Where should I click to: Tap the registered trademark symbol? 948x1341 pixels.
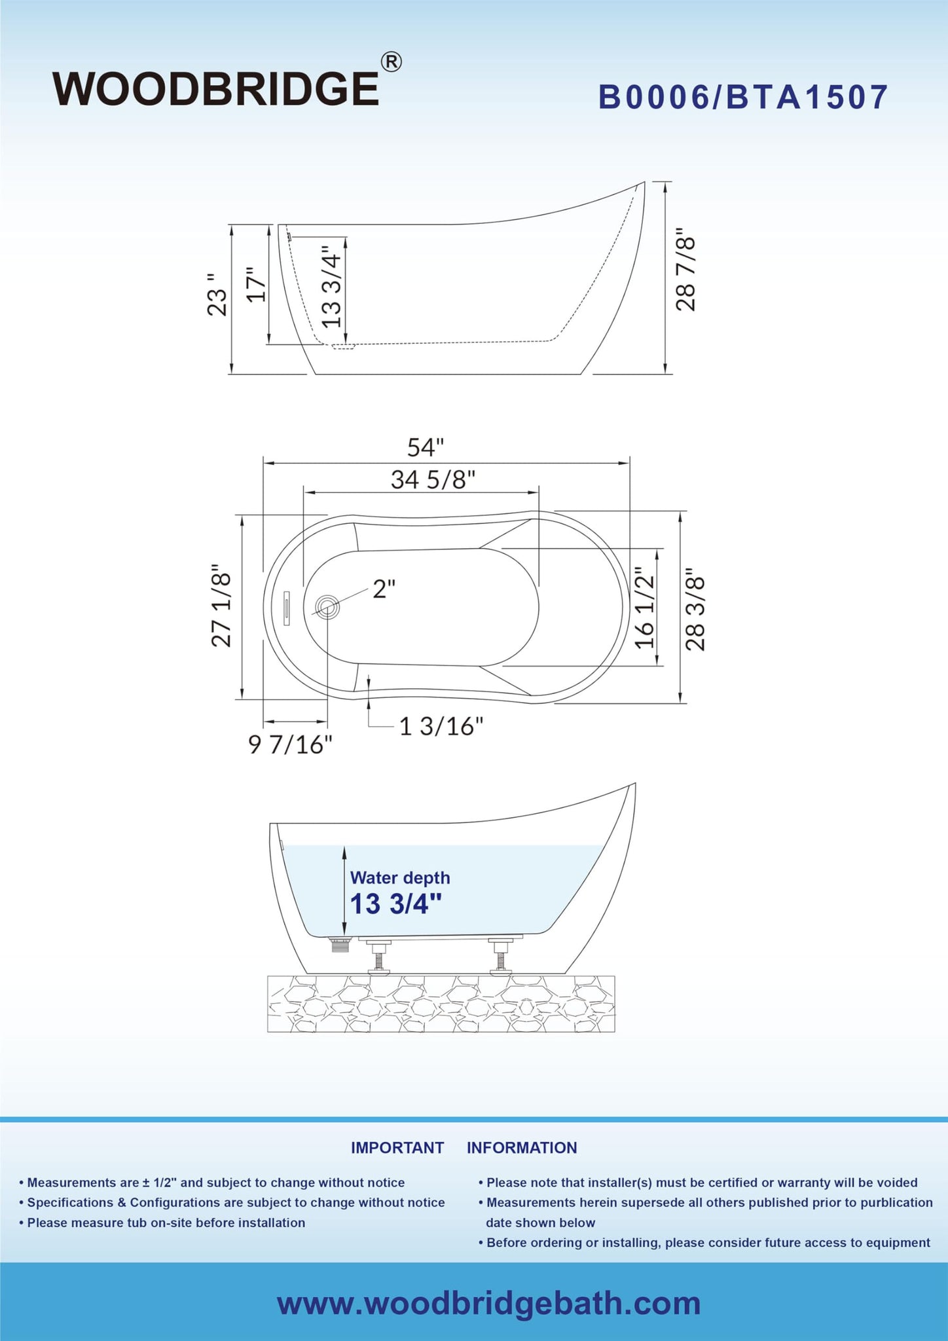point(391,62)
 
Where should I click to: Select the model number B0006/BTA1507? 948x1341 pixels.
point(743,98)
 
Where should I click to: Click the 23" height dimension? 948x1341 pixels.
point(217,295)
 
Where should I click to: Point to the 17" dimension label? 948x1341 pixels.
point(256,284)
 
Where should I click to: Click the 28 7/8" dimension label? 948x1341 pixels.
point(686,269)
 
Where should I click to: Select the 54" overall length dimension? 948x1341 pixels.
point(426,448)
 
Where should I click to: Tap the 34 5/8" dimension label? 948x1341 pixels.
point(433,480)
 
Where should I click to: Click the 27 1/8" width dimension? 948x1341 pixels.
point(222,606)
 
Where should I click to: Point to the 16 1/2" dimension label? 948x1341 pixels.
point(645,608)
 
